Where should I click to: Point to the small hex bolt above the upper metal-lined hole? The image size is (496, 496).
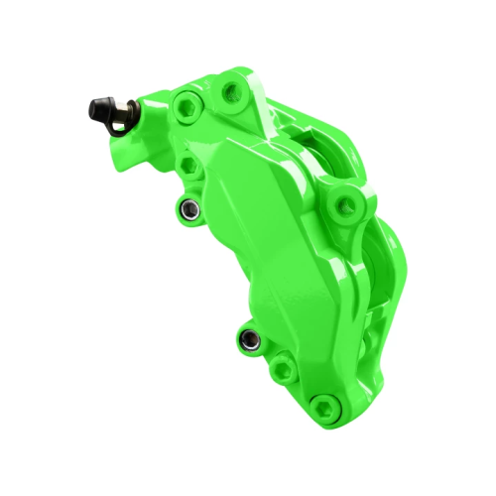pos(187,164)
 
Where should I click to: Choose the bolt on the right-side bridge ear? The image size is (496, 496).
pos(345,205)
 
